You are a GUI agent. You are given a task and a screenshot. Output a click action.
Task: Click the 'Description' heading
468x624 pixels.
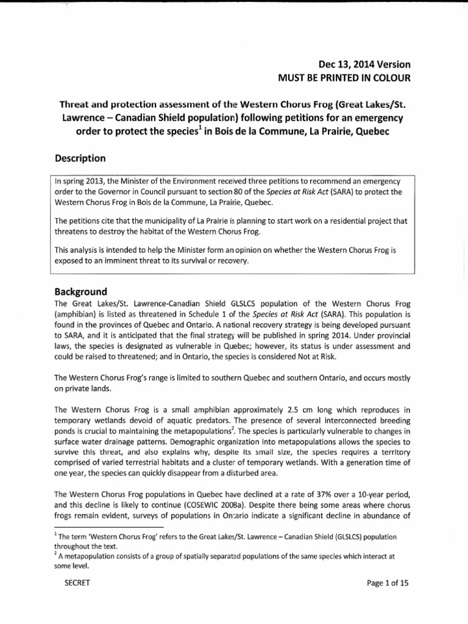80,158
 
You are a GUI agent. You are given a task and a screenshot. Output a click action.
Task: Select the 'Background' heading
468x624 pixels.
81,291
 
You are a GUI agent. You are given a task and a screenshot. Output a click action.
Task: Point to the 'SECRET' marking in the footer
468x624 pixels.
77,583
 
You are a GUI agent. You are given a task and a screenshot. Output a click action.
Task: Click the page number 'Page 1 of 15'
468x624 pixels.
387,583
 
